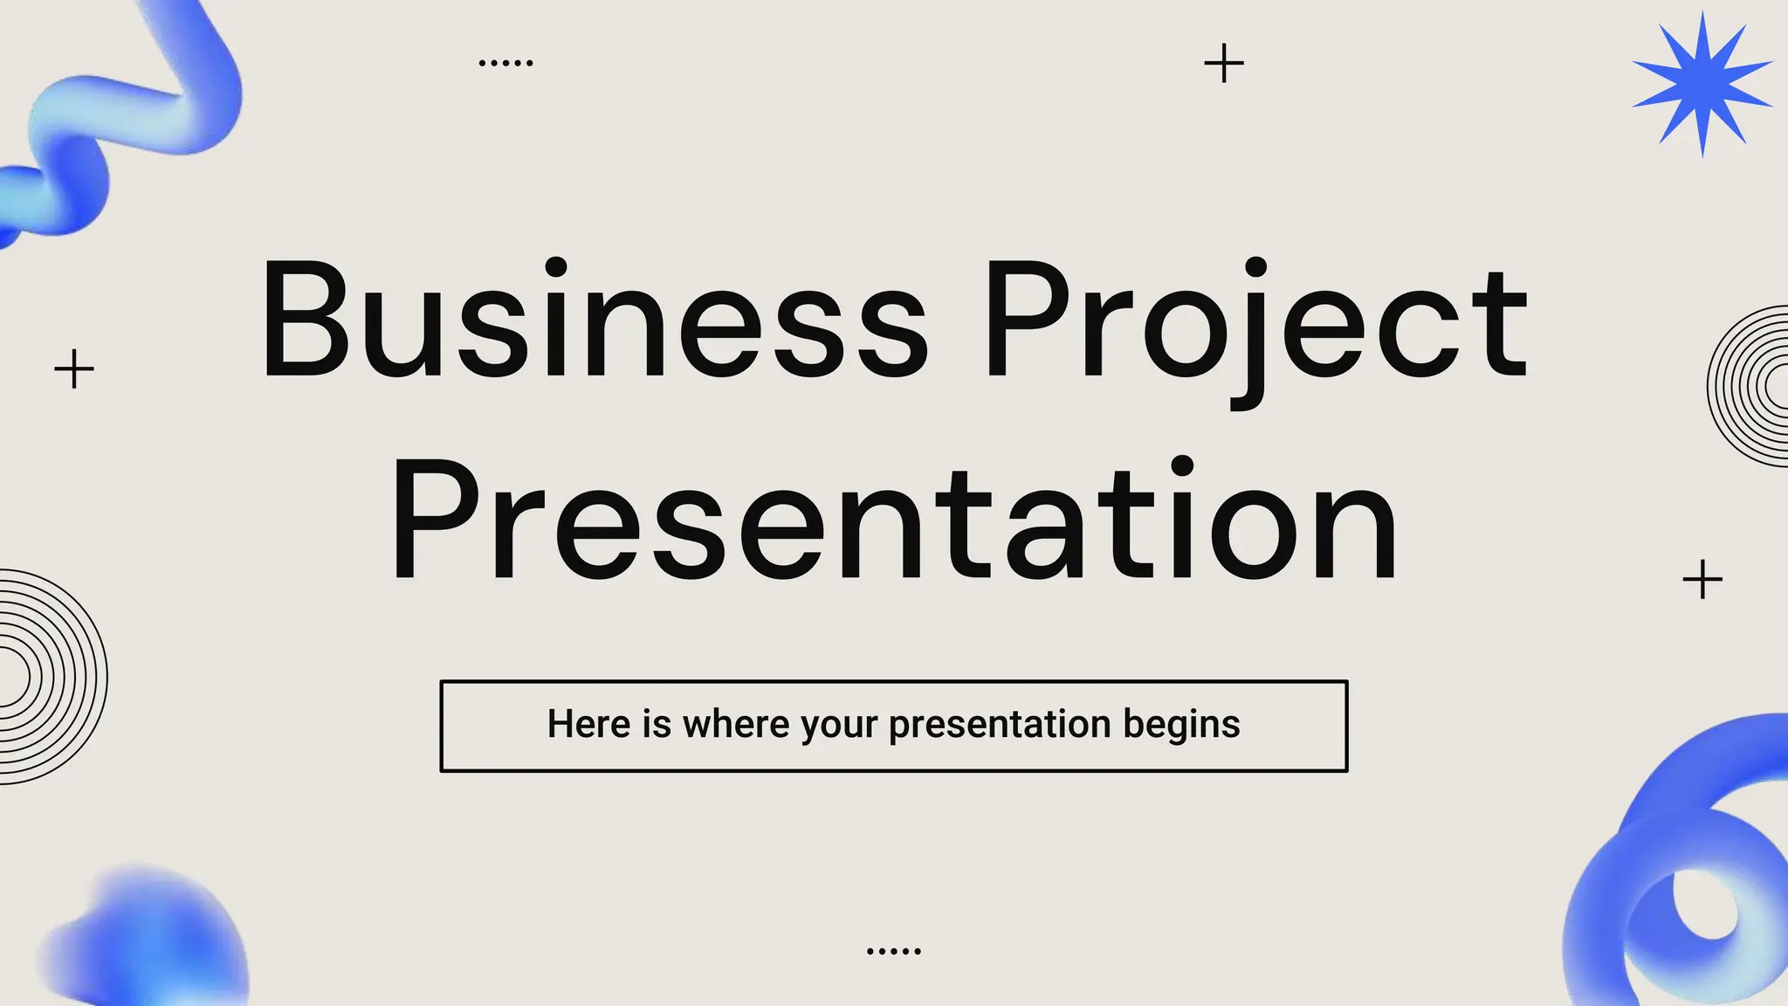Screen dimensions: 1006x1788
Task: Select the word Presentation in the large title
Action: point(894,520)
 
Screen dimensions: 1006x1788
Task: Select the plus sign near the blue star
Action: point(1224,64)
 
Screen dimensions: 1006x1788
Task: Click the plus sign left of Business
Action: point(74,369)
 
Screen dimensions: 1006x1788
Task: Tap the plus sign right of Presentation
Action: point(1702,579)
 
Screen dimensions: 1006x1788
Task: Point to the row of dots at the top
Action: point(506,63)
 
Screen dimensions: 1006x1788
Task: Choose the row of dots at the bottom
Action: point(894,950)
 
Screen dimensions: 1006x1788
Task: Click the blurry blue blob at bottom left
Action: point(148,939)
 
